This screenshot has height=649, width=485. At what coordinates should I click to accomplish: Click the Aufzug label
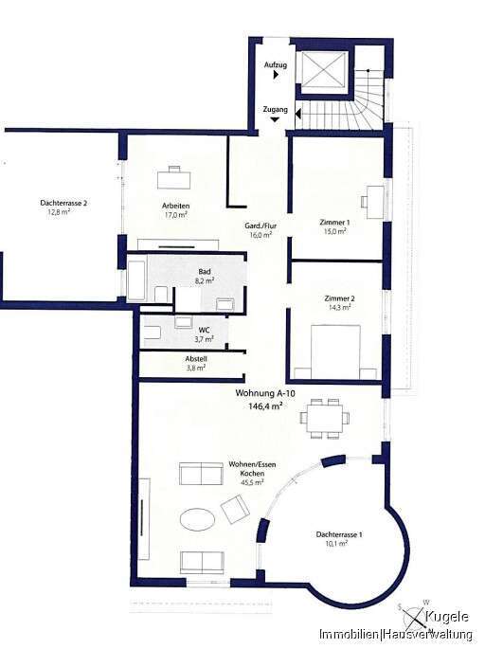pyautogui.click(x=276, y=65)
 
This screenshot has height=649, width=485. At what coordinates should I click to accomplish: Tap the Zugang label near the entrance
pyautogui.click(x=276, y=110)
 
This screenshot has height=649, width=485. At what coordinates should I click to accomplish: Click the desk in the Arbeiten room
pyautogui.click(x=174, y=178)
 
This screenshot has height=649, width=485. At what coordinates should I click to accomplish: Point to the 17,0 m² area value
pyautogui.click(x=176, y=215)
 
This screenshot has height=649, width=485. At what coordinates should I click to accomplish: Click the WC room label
pyautogui.click(x=205, y=330)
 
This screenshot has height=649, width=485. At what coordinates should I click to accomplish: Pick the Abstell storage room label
pyautogui.click(x=196, y=359)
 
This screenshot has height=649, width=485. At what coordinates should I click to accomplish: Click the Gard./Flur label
pyautogui.click(x=260, y=226)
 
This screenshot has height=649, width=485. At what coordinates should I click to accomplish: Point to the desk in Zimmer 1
pyautogui.click(x=373, y=202)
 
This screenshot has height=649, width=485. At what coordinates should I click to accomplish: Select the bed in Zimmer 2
pyautogui.click(x=335, y=352)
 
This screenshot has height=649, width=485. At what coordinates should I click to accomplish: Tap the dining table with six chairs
pyautogui.click(x=325, y=418)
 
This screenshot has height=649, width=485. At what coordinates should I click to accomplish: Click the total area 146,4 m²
pyautogui.click(x=265, y=406)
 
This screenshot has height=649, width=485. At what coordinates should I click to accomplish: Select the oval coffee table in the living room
pyautogui.click(x=198, y=518)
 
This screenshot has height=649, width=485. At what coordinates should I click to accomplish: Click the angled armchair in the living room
pyautogui.click(x=235, y=509)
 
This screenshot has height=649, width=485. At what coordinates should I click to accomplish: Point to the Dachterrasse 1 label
pyautogui.click(x=339, y=534)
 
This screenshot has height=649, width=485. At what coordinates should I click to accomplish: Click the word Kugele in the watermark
pyautogui.click(x=447, y=617)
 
